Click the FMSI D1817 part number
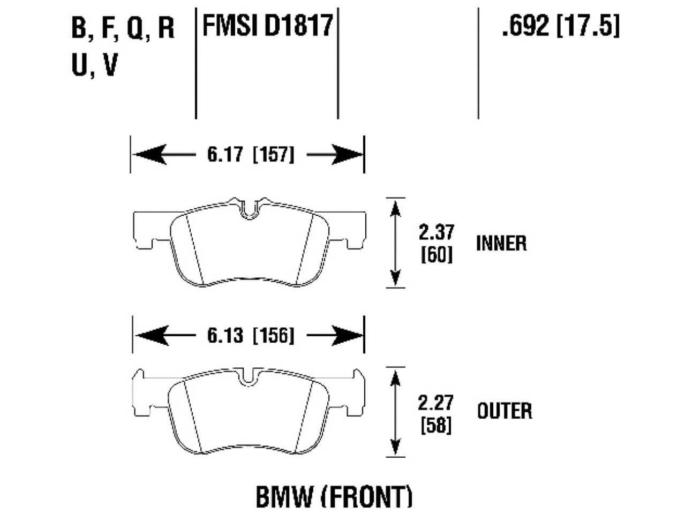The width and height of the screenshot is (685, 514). (x=267, y=26)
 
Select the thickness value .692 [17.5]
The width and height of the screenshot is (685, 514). (x=560, y=26)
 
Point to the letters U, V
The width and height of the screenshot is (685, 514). (x=94, y=66)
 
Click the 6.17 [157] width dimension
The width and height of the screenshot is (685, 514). (x=250, y=155)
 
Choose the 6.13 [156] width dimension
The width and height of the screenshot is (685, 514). (x=250, y=335)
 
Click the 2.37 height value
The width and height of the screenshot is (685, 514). (x=436, y=232)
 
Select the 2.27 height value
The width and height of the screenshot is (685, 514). (x=436, y=403)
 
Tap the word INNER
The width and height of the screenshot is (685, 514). (x=501, y=244)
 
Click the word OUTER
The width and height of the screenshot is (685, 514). (x=504, y=411)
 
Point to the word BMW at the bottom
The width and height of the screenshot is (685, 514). (x=284, y=497)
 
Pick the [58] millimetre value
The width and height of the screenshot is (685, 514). (x=436, y=426)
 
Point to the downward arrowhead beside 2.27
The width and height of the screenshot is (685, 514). (x=395, y=445)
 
